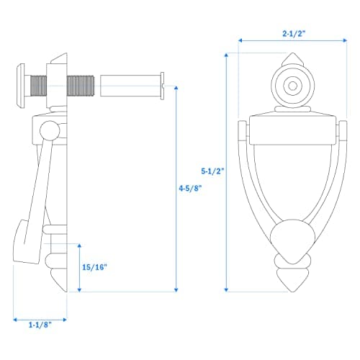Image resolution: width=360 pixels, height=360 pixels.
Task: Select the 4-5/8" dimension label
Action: pyautogui.click(x=189, y=188)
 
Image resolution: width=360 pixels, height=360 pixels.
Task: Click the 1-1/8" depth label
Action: pyautogui.click(x=41, y=325)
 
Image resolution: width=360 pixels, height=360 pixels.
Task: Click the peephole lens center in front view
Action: pyautogui.click(x=292, y=86)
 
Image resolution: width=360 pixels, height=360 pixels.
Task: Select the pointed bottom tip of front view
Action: pyautogui.click(x=292, y=287)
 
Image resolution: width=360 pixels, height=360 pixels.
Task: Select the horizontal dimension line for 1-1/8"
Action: pyautogui.click(x=41, y=315)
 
